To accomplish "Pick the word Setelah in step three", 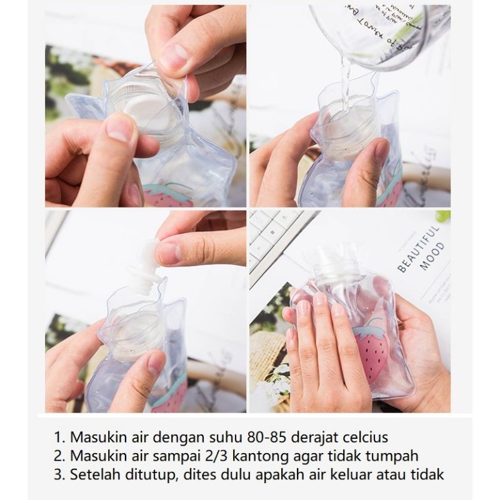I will point(92,474).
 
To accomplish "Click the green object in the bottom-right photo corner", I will point(443,216).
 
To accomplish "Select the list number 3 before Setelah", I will point(59,474).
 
